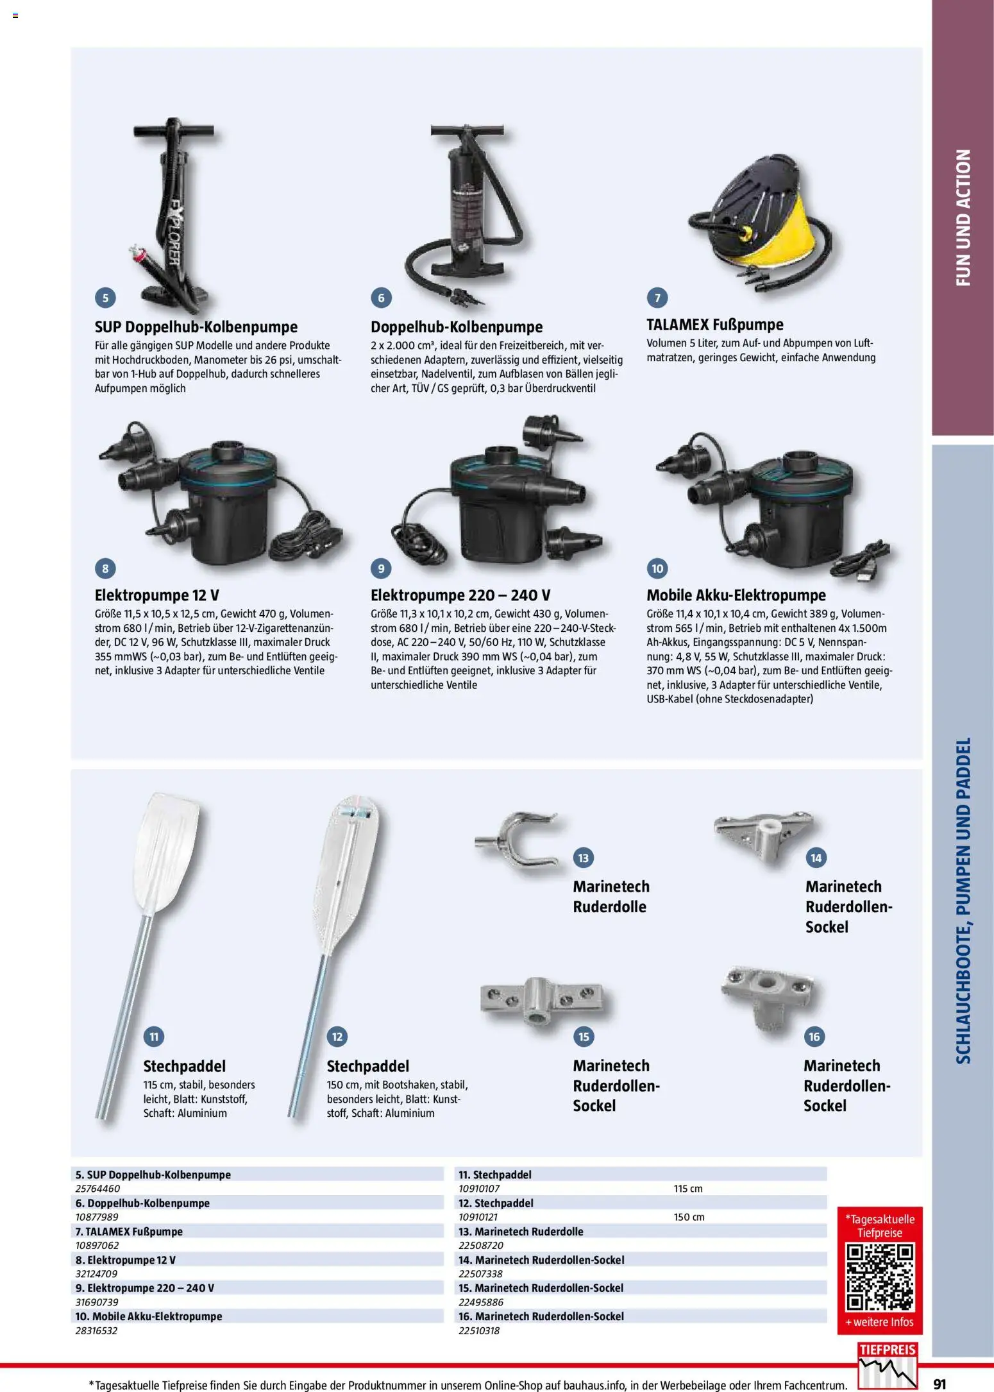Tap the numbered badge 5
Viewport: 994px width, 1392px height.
point(105,298)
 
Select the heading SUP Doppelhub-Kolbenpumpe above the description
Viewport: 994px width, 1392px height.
point(196,327)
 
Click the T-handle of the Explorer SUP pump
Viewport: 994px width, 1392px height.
point(173,131)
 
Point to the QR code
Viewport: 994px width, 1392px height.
point(879,1277)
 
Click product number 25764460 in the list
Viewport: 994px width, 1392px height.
point(97,1189)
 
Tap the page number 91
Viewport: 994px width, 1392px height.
point(940,1384)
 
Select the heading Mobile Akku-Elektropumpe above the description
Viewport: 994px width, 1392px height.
point(736,595)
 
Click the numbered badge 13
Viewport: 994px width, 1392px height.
point(583,858)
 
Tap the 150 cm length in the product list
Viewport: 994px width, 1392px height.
point(689,1217)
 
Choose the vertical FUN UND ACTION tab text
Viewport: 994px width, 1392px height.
point(963,218)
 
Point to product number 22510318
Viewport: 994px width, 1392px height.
point(479,1330)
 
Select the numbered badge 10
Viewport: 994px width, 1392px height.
point(657,568)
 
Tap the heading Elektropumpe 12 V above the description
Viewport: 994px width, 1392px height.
point(156,595)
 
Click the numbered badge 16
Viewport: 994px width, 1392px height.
point(814,1037)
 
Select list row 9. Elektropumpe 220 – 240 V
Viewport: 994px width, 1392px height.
point(145,1288)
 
